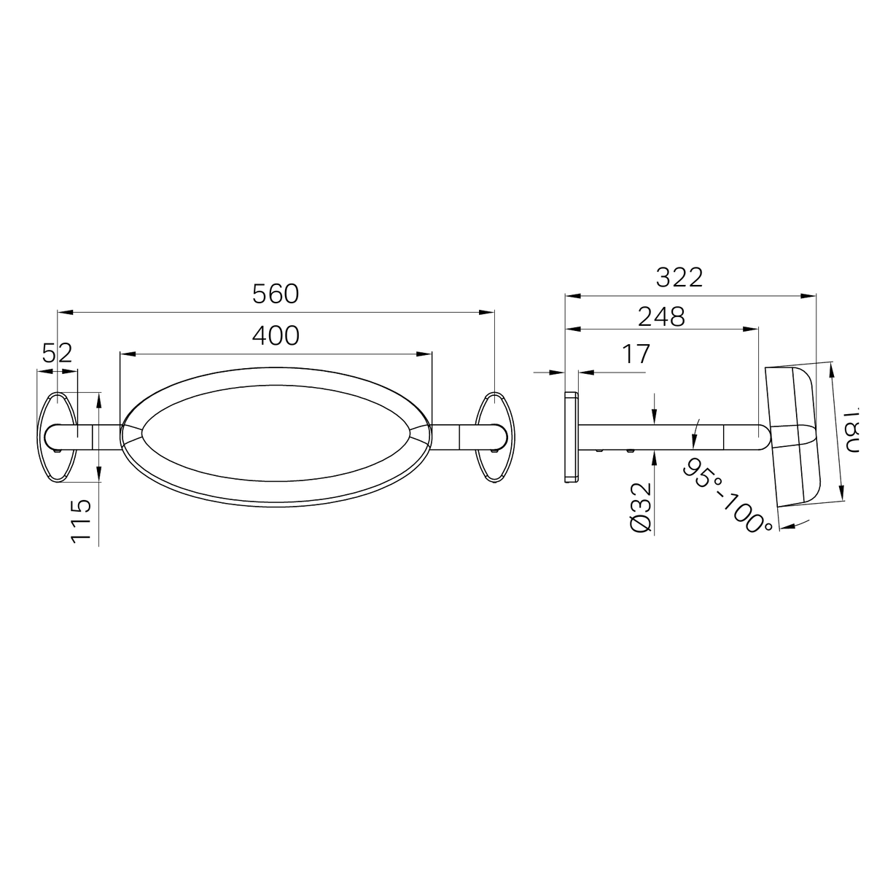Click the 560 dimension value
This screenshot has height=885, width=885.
tap(276, 294)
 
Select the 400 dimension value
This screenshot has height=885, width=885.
tap(276, 335)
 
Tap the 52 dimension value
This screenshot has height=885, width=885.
tap(57, 354)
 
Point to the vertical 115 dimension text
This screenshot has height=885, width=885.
tap(82, 521)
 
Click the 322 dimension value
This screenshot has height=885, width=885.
tap(679, 277)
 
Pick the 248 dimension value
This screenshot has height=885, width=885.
tap(661, 316)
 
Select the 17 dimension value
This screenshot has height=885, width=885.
tap(636, 354)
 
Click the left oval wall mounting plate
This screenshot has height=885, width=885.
tap(58, 437)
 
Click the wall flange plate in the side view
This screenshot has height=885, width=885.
tap(571, 436)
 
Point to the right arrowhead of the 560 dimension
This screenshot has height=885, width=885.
tap(488, 313)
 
